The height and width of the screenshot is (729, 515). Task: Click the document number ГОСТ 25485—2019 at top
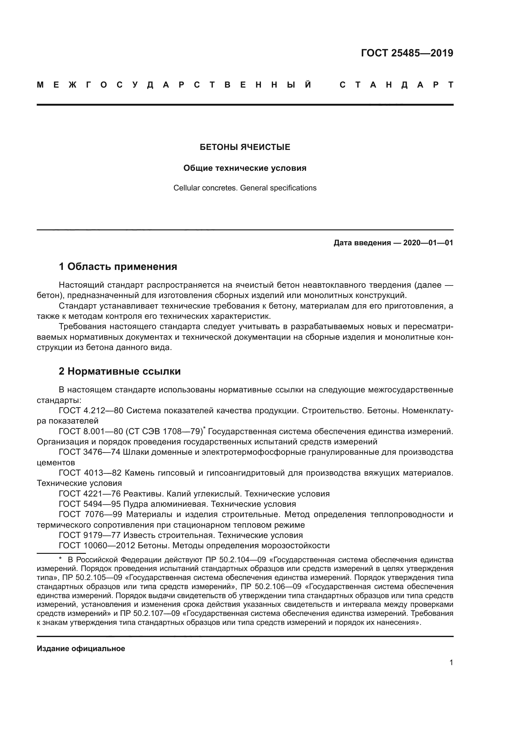[x=407, y=53]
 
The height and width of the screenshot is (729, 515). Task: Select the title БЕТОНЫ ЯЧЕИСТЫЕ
[x=245, y=147]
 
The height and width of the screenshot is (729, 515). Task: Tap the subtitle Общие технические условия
[x=245, y=168]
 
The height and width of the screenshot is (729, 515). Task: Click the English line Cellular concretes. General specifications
[x=245, y=188]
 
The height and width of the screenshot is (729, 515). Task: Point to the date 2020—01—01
[x=428, y=243]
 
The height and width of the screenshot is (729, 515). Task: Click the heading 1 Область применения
[x=118, y=266]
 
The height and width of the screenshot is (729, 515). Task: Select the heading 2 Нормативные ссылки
[x=120, y=371]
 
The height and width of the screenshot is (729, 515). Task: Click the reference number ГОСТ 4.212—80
[x=91, y=410]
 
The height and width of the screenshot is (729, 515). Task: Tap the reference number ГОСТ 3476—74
[x=89, y=452]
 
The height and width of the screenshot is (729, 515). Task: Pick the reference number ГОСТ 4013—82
[x=90, y=473]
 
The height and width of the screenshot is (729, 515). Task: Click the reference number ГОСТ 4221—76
[x=89, y=494]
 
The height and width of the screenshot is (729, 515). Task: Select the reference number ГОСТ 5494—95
[x=89, y=504]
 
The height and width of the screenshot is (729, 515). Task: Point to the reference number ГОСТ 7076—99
[x=90, y=514]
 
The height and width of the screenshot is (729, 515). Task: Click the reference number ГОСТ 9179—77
[x=89, y=535]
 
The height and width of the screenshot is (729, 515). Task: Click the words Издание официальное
[x=81, y=648]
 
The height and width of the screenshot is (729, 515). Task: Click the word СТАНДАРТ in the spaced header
[x=396, y=85]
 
